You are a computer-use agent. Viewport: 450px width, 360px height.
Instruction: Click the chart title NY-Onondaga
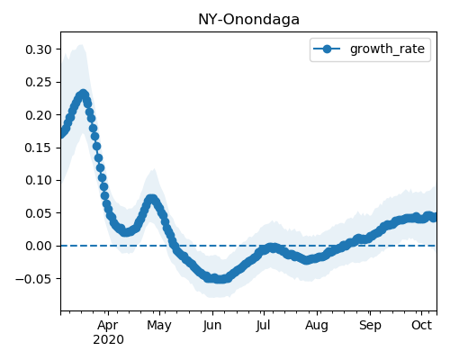coord(248,20)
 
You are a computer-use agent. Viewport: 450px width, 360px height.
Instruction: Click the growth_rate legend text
coord(387,49)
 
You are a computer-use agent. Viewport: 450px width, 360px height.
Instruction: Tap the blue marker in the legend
coord(327,49)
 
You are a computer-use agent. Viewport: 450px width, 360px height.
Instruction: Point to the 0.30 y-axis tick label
coord(39,49)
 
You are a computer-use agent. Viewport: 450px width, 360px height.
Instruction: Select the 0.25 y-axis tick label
coord(39,82)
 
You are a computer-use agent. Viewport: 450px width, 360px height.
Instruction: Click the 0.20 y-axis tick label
coord(39,115)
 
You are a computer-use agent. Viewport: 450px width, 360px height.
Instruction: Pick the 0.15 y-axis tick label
coord(39,148)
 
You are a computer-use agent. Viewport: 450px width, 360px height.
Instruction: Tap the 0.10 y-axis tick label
coord(39,180)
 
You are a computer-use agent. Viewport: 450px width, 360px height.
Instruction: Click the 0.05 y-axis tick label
coord(39,213)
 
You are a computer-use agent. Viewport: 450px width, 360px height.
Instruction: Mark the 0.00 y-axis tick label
coord(39,246)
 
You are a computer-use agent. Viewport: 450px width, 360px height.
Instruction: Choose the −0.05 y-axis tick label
coord(34,279)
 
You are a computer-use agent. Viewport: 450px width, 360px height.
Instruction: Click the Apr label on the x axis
coord(108,326)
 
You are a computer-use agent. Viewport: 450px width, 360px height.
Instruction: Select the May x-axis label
coord(159,326)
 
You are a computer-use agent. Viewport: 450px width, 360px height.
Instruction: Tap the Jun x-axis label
coord(212,326)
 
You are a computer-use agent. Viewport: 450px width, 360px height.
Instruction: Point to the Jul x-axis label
coord(263,326)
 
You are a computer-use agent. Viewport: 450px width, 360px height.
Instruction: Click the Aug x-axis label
coord(317,326)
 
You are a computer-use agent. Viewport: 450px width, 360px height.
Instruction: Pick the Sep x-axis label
coord(370,326)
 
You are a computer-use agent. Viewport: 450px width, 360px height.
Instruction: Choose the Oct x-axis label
coord(421,325)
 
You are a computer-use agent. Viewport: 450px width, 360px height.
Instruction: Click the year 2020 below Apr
coord(108,340)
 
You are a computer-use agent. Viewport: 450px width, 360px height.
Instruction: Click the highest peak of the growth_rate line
coord(83,94)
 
